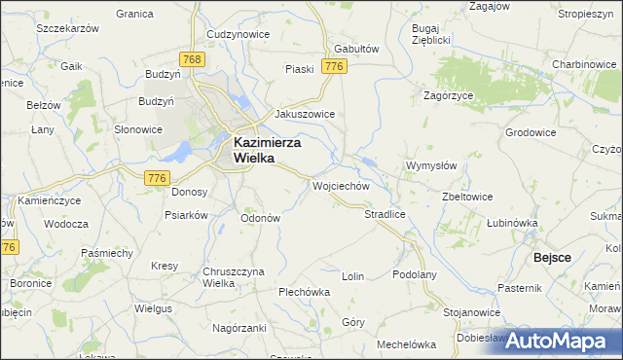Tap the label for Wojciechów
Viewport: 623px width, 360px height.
pyautogui.click(x=340, y=185)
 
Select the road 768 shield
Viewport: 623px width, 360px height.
pyautogui.click(x=192, y=60)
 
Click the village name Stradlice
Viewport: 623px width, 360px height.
pyautogui.click(x=385, y=213)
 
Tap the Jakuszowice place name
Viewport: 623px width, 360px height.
pyautogui.click(x=305, y=114)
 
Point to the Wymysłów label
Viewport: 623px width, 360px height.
pyautogui.click(x=430, y=165)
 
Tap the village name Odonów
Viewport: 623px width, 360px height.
pyautogui.click(x=260, y=218)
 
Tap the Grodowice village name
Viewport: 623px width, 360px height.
pyautogui.click(x=531, y=131)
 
